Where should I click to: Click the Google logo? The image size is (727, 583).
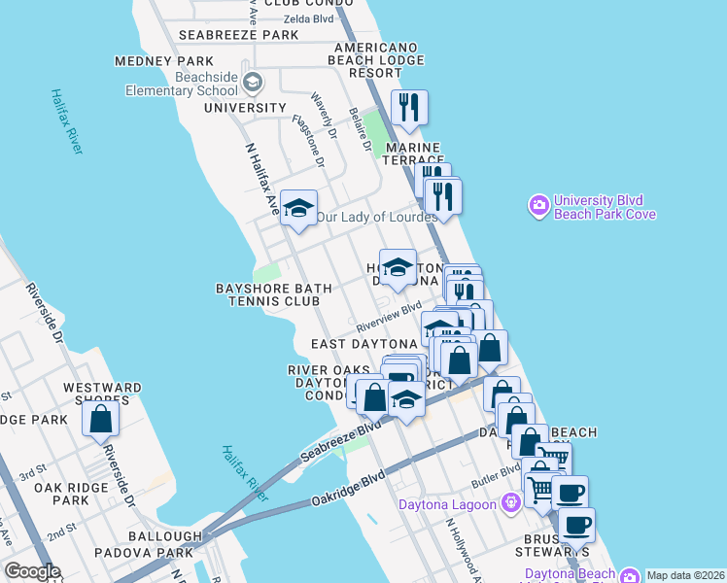click(x=33, y=571)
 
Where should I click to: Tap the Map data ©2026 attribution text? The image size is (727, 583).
click(x=685, y=575)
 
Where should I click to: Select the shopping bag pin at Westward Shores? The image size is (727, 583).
click(x=100, y=419)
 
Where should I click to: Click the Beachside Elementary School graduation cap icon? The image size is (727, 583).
click(x=253, y=82)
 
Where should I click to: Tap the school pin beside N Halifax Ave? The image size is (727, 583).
click(x=299, y=208)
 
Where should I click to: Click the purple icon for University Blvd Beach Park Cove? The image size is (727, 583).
click(x=538, y=206)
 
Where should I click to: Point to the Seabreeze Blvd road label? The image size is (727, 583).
click(x=340, y=442)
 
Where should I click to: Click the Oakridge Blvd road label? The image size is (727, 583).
click(x=348, y=489)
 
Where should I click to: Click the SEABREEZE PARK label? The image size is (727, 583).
click(x=239, y=35)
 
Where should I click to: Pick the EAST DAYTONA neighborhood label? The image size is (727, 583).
click(x=363, y=344)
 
